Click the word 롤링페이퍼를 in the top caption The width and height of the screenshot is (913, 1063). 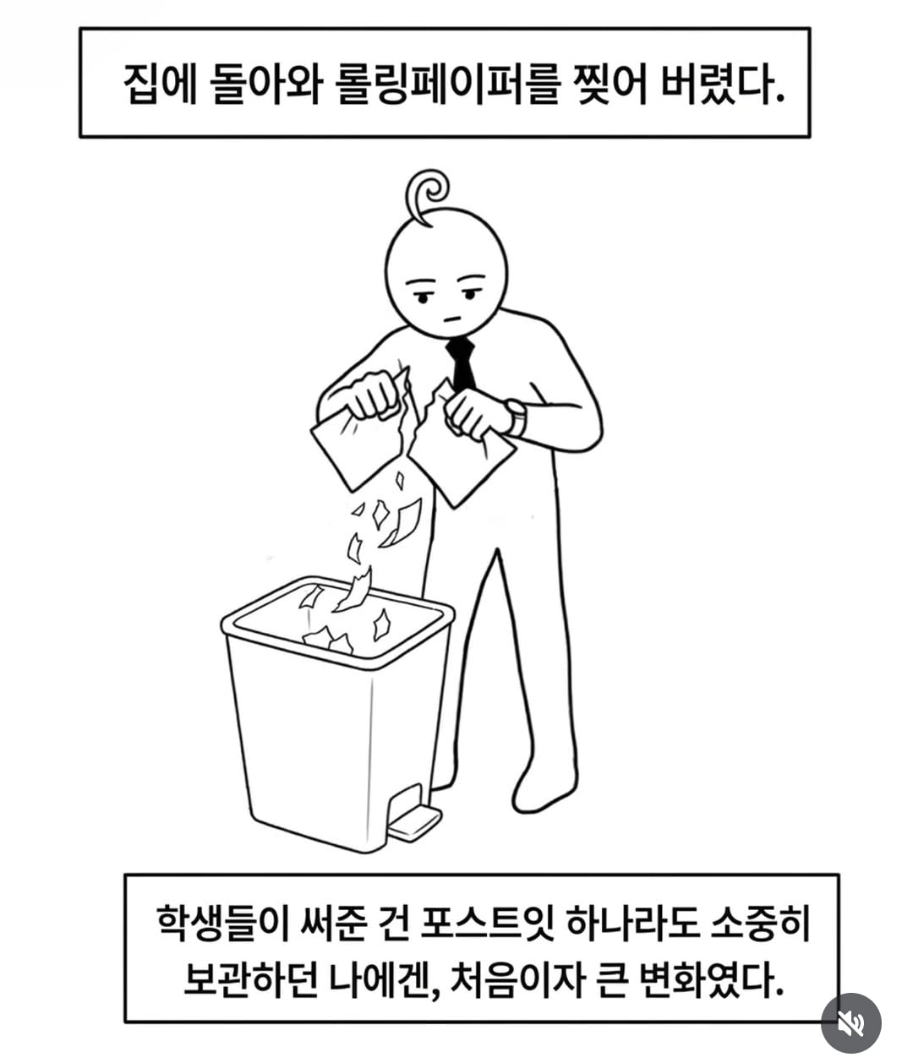click(x=446, y=84)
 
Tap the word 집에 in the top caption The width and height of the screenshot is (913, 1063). click(x=161, y=84)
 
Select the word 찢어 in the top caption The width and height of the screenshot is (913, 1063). click(x=612, y=84)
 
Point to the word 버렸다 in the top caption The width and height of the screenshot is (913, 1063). click(x=722, y=84)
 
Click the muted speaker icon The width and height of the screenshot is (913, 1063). click(x=850, y=1023)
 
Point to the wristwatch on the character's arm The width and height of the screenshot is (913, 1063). click(x=517, y=417)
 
